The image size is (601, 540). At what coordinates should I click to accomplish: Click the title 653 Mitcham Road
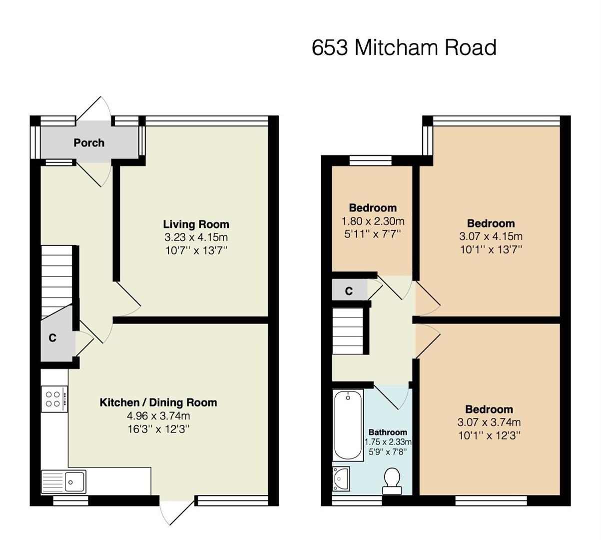pyautogui.click(x=404, y=48)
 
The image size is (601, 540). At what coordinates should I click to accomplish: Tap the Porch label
pyautogui.click(x=89, y=143)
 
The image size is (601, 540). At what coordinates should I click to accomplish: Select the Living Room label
pyautogui.click(x=196, y=224)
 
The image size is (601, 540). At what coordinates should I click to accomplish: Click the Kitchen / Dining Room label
pyautogui.click(x=158, y=402)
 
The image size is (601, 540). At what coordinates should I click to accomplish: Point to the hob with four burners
pyautogui.click(x=54, y=399)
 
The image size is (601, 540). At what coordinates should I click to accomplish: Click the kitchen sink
pyautogui.click(x=64, y=481)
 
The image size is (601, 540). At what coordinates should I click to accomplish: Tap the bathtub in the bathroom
pyautogui.click(x=348, y=425)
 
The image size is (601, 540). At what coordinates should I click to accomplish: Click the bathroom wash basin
pyautogui.click(x=341, y=478)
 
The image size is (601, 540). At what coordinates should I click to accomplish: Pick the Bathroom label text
pyautogui.click(x=388, y=432)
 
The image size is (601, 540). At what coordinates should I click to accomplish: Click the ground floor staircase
pyautogui.click(x=57, y=281)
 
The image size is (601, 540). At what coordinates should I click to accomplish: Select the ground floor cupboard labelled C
pyautogui.click(x=52, y=338)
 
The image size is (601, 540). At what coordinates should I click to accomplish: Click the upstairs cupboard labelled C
pyautogui.click(x=349, y=291)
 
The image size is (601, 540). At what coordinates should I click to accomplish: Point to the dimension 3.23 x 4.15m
pyautogui.click(x=196, y=237)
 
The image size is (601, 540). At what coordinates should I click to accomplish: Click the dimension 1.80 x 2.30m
pyautogui.click(x=373, y=221)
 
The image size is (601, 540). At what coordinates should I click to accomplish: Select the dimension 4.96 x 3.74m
pyautogui.click(x=158, y=415)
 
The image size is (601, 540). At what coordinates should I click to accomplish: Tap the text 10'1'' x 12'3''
pyautogui.click(x=489, y=435)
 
